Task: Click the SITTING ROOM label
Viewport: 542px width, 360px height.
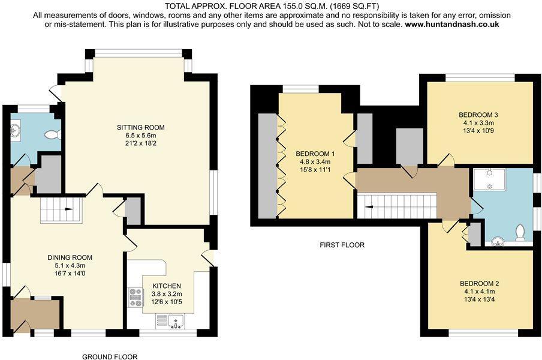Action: (x=140, y=128)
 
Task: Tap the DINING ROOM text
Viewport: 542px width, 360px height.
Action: (x=70, y=257)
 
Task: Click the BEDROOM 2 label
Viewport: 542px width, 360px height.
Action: (x=479, y=284)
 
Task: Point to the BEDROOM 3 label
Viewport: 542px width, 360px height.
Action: (x=478, y=115)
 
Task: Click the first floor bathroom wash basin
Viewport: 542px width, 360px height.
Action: (x=497, y=242)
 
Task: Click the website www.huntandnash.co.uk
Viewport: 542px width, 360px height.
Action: (x=451, y=25)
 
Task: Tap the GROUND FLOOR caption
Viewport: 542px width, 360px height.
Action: (x=110, y=356)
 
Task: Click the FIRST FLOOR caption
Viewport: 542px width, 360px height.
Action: (x=342, y=245)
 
